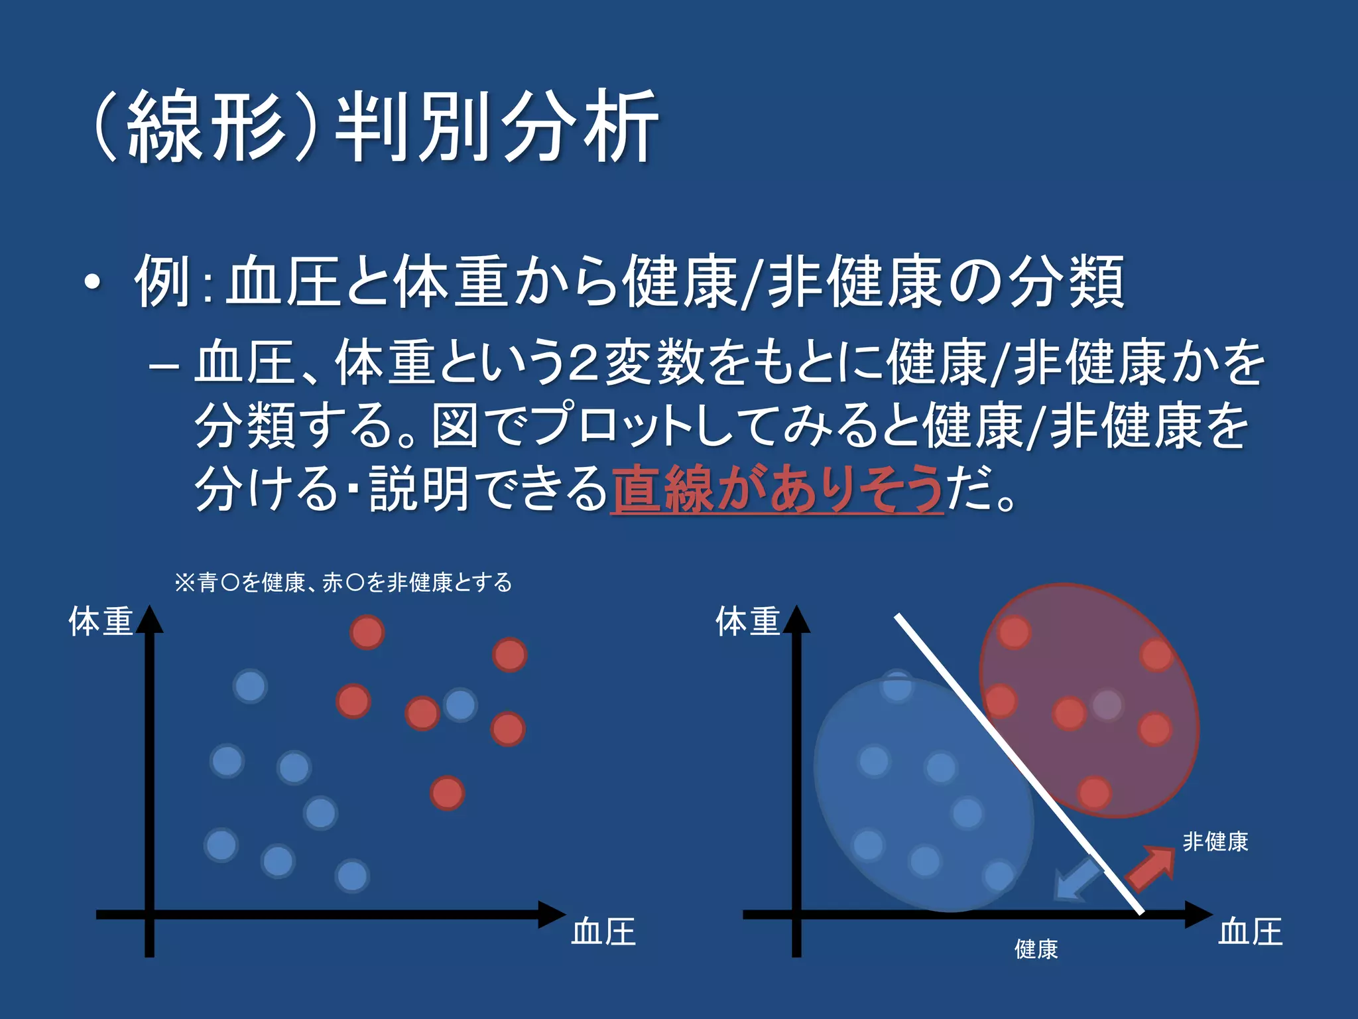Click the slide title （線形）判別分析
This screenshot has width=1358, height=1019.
[375, 126]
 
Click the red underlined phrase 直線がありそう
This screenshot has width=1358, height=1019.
[776, 490]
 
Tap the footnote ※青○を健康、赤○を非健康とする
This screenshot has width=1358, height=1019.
[343, 582]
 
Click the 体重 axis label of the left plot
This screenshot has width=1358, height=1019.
[101, 622]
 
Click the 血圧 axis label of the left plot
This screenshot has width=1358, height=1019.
[603, 931]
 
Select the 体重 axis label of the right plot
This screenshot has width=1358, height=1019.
[747, 622]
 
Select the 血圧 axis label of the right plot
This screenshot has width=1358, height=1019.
[1250, 931]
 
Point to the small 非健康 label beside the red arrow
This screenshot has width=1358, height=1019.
[1215, 842]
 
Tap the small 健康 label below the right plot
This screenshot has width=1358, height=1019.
[1036, 949]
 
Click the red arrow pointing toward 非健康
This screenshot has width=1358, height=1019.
[1152, 867]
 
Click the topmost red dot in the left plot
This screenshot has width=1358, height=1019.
[367, 632]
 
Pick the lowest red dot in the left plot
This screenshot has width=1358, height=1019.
[447, 793]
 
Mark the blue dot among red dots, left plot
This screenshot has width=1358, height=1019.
[460, 705]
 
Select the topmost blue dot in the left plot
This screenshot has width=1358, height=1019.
[250, 686]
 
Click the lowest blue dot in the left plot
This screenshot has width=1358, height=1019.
[352, 876]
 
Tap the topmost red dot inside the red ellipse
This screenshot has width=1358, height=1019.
[1014, 632]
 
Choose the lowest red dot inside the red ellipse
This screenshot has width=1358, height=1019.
[1094, 793]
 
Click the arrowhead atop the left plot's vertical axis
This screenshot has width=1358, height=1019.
[149, 618]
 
